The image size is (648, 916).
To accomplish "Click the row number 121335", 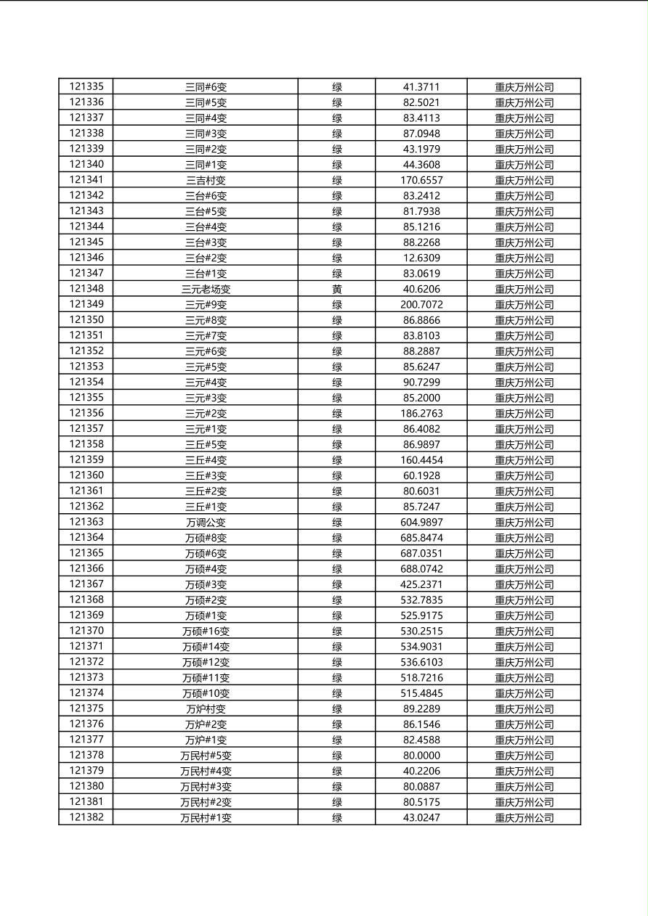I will pyautogui.click(x=86, y=86).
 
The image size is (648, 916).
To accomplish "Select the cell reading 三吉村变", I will pyautogui.click(x=206, y=180).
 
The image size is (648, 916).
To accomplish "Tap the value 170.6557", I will pyautogui.click(x=421, y=180).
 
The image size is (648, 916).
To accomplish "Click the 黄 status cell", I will pyautogui.click(x=337, y=289).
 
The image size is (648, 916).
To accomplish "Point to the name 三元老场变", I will pyautogui.click(x=206, y=289).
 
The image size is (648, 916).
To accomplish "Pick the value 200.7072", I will pyautogui.click(x=421, y=304).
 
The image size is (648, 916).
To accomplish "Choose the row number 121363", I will pyautogui.click(x=86, y=522).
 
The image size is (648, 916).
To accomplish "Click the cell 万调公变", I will pyautogui.click(x=206, y=522).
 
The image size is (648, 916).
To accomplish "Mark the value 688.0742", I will pyautogui.click(x=421, y=568).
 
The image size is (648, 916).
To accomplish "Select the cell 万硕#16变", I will pyautogui.click(x=206, y=631).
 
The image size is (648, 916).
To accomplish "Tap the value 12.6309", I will pyautogui.click(x=421, y=258).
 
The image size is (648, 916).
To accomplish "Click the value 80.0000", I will pyautogui.click(x=421, y=755).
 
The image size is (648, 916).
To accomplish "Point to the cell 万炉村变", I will pyautogui.click(x=206, y=708).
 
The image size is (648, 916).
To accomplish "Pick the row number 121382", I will pyautogui.click(x=86, y=817).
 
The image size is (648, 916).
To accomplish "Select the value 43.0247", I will pyautogui.click(x=421, y=817).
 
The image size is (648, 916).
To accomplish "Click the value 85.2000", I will pyautogui.click(x=421, y=398).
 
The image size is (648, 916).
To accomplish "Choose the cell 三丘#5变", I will pyautogui.click(x=206, y=444).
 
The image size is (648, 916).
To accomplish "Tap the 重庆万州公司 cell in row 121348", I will pyautogui.click(x=525, y=289).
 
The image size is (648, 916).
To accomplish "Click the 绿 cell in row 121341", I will pyautogui.click(x=337, y=180).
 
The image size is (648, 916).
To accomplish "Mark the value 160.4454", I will pyautogui.click(x=421, y=459).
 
